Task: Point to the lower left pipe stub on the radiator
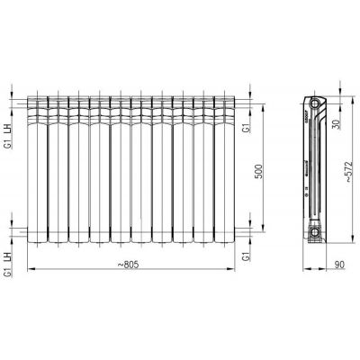coord(22,233)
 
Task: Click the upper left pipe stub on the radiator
coord(22,102)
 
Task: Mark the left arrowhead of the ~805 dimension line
coord(30,268)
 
